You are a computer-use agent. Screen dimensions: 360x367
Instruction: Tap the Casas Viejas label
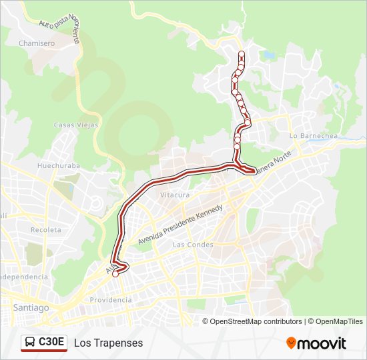coord(76,125)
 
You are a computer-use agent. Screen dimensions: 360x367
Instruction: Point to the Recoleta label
coord(46,230)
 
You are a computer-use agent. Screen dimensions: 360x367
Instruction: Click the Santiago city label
coord(31,308)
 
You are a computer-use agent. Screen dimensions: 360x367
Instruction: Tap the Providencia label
coord(111,300)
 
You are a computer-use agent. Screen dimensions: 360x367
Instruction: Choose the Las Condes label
coord(193,245)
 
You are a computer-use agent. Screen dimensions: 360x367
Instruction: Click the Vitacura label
coord(175,195)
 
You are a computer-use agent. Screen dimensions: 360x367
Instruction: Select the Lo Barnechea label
coord(314,135)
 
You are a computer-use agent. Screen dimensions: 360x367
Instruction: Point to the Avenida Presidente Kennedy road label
coord(179,224)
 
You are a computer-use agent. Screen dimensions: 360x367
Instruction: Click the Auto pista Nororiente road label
coord(59,31)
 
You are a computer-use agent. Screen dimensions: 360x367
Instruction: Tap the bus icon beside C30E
coord(30,342)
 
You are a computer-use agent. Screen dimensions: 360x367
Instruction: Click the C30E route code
coord(51,342)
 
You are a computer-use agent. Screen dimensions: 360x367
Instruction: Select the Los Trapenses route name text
coord(109,343)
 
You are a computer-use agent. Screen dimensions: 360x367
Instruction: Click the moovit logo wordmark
coord(322,343)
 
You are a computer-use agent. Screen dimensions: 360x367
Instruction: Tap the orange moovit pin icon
coord(292,343)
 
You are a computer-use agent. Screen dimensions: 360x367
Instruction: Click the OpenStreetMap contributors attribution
coord(256,321)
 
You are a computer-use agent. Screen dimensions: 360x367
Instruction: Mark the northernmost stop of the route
coord(242,54)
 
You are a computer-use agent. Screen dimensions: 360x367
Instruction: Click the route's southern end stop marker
coord(115,273)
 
